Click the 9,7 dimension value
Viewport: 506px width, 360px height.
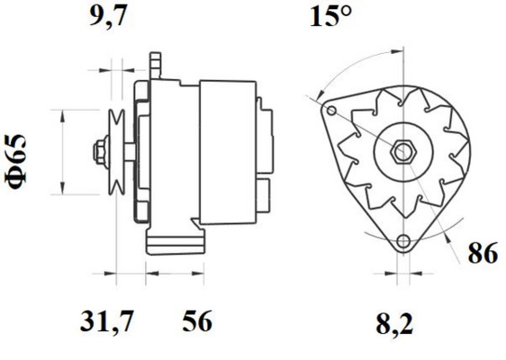(107, 16)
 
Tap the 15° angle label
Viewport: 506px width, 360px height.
(330, 16)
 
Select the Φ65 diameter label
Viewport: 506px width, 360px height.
(16, 161)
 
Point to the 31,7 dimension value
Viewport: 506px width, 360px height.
(106, 321)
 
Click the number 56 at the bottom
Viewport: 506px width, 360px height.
(197, 321)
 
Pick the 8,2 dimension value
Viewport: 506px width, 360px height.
(394, 324)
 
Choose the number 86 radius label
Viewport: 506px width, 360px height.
(483, 254)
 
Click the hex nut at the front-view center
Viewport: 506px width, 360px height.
(403, 152)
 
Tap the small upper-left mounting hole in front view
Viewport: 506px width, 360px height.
(331, 111)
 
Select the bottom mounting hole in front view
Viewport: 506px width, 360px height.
(403, 241)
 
